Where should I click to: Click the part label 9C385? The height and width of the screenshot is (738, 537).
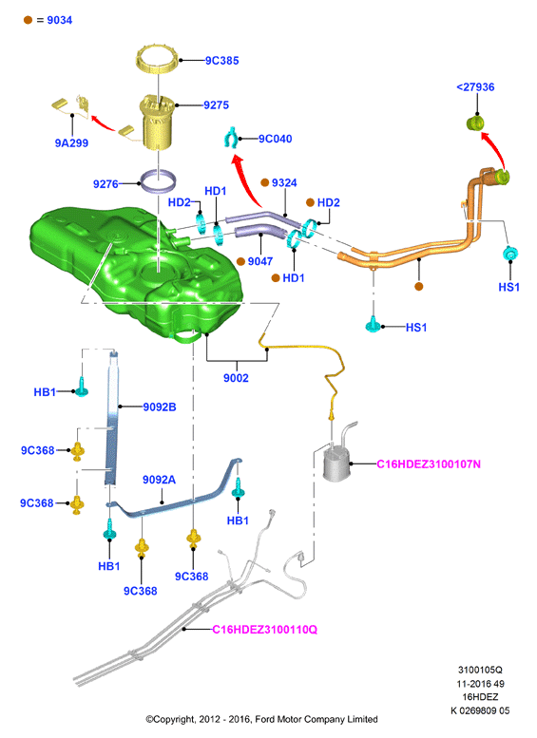[221, 60]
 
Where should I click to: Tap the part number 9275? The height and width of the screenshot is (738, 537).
[216, 105]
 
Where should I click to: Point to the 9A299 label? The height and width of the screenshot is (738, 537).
[71, 143]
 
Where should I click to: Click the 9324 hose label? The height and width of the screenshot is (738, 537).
[284, 182]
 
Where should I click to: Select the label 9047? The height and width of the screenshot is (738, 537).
[260, 261]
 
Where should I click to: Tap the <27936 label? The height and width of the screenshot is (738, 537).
[475, 87]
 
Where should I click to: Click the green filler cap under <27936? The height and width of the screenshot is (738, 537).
[475, 123]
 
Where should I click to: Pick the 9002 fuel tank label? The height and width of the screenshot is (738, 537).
[236, 378]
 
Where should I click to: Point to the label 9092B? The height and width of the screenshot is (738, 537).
[160, 407]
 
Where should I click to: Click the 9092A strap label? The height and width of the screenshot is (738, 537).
[160, 480]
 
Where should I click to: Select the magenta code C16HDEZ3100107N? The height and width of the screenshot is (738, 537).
[429, 464]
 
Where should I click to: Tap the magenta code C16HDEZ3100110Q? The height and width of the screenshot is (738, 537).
[265, 630]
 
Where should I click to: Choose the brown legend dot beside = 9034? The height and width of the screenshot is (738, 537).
[29, 20]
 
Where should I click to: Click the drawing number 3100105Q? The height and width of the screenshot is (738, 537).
[480, 670]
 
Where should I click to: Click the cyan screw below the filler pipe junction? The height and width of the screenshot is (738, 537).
[373, 324]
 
